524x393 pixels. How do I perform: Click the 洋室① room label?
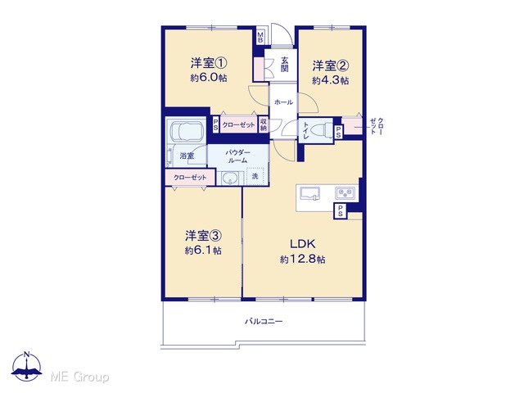pos(209,63)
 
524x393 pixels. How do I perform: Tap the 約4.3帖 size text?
pos(330,80)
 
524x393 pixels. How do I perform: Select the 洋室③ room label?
pos(203,236)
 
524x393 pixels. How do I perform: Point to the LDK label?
pos(302,244)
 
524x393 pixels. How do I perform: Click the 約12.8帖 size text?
pos(302,259)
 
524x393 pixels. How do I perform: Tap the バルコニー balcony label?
pos(264,322)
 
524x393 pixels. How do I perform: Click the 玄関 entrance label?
pos(284,65)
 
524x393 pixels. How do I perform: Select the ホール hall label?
pos(283,102)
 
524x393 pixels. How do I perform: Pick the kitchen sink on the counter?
pos(309,193)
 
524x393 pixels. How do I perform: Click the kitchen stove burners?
pos(345,192)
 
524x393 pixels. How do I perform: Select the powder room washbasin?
pos(229,178)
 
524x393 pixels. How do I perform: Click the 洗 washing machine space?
pos(255,176)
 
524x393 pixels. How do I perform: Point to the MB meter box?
pos(260,37)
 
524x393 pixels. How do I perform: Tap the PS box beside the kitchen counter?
pos(341,211)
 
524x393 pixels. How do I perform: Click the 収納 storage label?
pos(264,124)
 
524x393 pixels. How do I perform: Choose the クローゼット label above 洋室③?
pos(190,178)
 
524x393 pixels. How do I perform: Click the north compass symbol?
pos(27,366)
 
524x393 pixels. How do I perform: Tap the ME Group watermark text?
pos(79,377)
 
